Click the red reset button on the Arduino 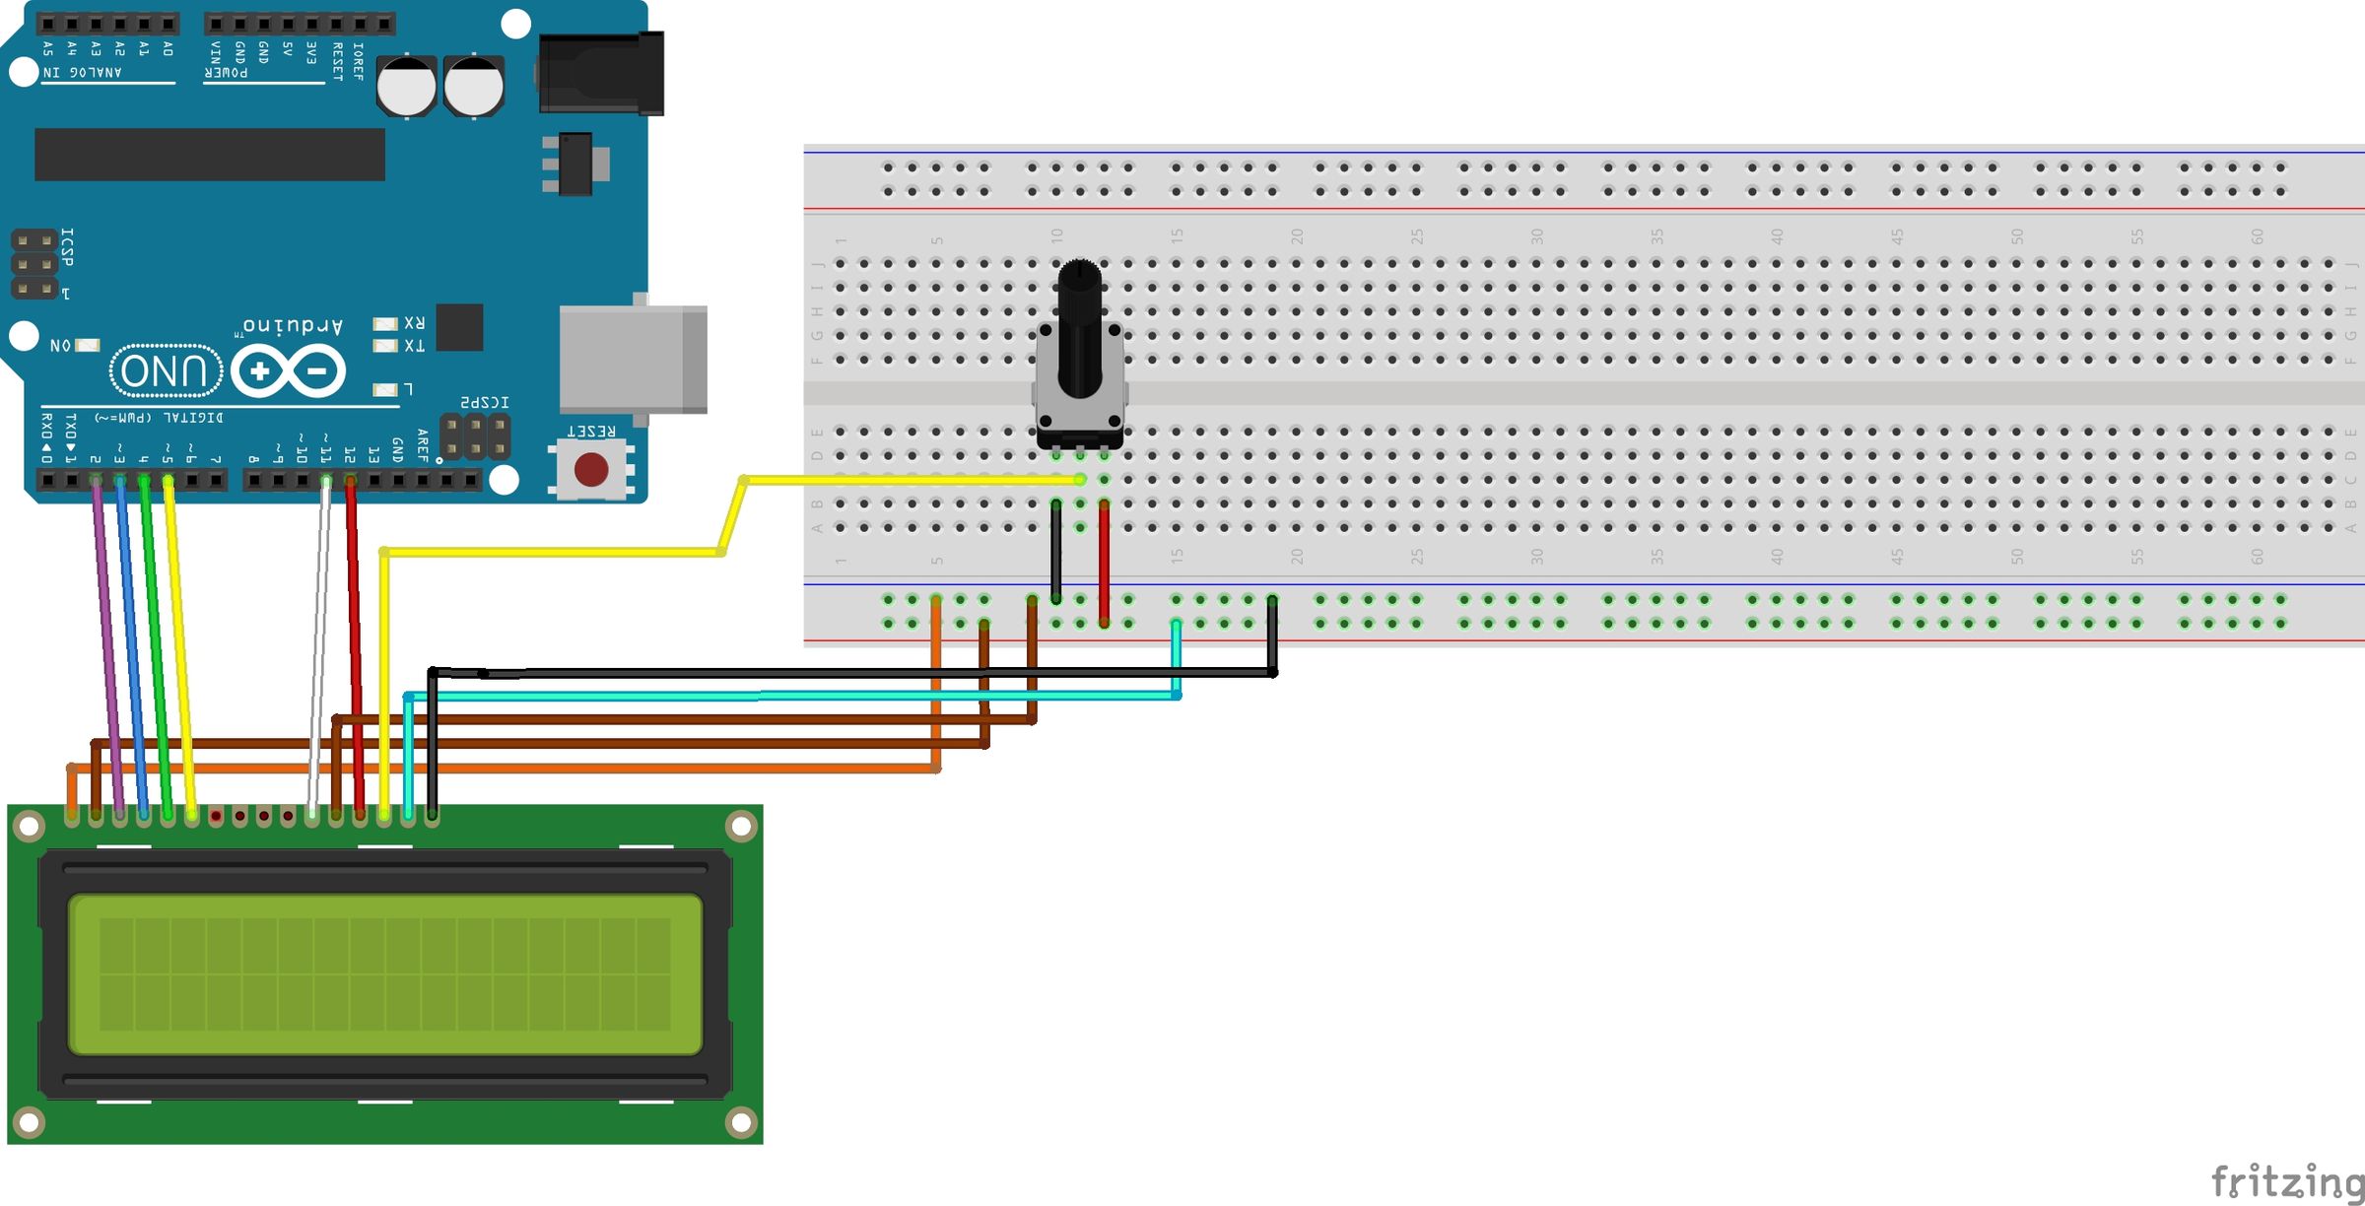[591, 469]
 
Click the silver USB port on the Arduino [632, 359]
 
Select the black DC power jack [601, 74]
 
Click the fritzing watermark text [2285, 1180]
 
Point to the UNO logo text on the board [166, 371]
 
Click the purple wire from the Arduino [106, 640]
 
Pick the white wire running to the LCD [318, 640]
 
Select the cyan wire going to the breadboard [788, 696]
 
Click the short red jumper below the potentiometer [1104, 562]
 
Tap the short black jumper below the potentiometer [1055, 552]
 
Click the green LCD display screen [384, 973]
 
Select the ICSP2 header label [485, 403]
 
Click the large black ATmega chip [209, 155]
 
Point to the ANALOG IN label [83, 72]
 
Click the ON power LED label [61, 346]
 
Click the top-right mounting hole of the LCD [740, 825]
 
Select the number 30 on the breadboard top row [1536, 236]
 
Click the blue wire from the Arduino [131, 640]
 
